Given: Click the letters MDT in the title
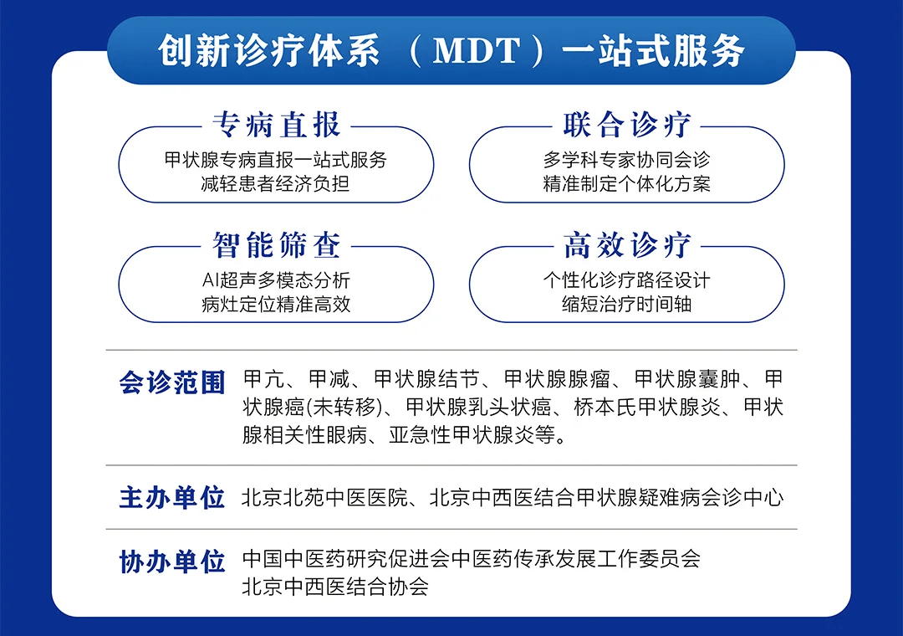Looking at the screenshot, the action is pyautogui.click(x=477, y=51).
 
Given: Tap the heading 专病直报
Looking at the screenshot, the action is pyautogui.click(x=277, y=126).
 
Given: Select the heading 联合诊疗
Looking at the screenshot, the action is pyautogui.click(x=626, y=126).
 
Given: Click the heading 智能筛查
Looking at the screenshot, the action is pyautogui.click(x=277, y=245).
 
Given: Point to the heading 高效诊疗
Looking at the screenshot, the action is pyautogui.click(x=626, y=245).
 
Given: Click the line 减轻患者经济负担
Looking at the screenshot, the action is pyautogui.click(x=275, y=184).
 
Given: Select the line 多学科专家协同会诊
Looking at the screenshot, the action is pyautogui.click(x=626, y=160).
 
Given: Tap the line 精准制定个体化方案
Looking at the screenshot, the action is pyautogui.click(x=626, y=184).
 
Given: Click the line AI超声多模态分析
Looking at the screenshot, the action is pyautogui.click(x=276, y=280).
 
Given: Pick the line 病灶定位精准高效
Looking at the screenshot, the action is pyautogui.click(x=276, y=305).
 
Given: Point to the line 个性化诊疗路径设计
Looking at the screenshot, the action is pyautogui.click(x=626, y=280).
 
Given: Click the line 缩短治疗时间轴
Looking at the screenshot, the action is pyautogui.click(x=626, y=305).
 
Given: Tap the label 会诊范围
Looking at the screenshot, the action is pyautogui.click(x=171, y=382).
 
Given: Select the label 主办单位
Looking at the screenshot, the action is pyautogui.click(x=171, y=498).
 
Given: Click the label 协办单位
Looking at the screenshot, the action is pyautogui.click(x=171, y=562).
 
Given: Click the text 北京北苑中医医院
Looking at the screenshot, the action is pyautogui.click(x=324, y=498).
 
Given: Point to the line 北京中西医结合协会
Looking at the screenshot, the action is pyautogui.click(x=335, y=587).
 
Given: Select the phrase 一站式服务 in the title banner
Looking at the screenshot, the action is pyautogui.click(x=653, y=51).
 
